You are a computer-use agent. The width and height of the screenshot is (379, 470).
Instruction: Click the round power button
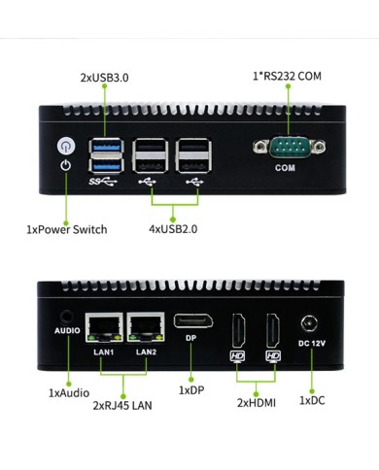tap(65, 146)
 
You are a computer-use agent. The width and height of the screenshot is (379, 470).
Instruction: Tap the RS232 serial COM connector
tap(285, 148)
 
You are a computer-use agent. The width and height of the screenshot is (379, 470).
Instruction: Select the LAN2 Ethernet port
tap(145, 327)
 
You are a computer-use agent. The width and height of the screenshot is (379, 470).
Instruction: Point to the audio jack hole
tap(66, 316)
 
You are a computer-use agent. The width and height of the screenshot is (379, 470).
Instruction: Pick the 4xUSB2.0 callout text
tap(176, 230)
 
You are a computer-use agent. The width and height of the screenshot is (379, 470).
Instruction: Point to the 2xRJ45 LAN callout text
tap(123, 409)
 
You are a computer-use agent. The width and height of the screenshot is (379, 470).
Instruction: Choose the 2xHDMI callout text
tap(257, 401)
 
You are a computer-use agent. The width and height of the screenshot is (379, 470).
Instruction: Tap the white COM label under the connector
tap(285, 168)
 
